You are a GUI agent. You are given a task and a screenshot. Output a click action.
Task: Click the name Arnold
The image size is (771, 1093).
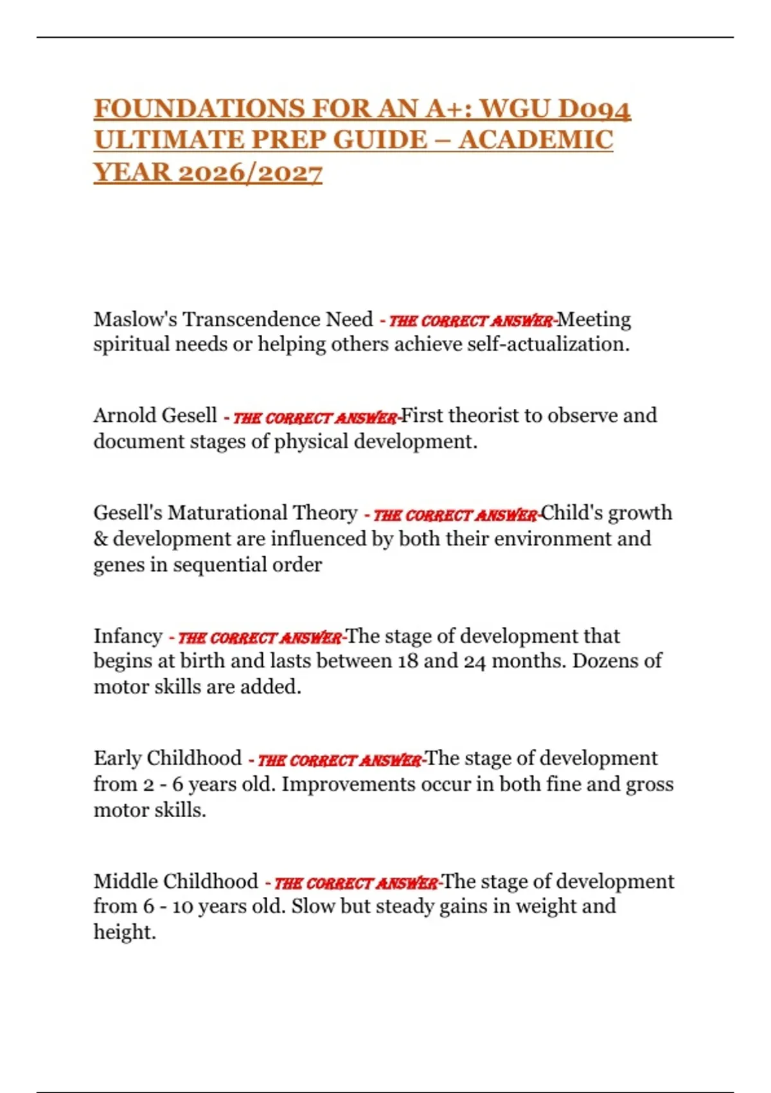click(122, 416)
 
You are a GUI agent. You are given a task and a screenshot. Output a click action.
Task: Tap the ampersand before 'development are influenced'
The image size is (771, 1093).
click(100, 539)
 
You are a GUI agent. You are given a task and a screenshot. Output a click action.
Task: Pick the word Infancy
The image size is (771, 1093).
click(128, 636)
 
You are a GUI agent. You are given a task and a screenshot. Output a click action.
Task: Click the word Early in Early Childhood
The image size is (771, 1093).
click(117, 758)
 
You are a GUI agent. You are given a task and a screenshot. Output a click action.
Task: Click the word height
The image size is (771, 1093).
click(124, 932)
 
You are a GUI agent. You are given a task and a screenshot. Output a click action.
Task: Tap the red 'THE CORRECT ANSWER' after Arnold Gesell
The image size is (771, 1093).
click(315, 418)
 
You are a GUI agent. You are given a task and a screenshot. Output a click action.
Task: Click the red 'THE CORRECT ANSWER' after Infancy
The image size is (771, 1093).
click(260, 638)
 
